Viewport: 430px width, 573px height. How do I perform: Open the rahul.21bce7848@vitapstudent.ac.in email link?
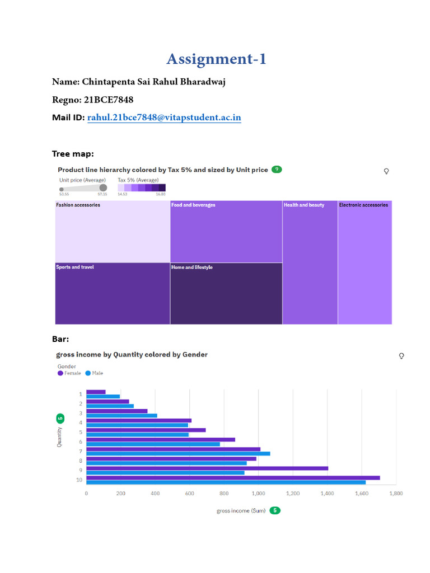164,118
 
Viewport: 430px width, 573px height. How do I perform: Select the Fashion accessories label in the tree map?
78,205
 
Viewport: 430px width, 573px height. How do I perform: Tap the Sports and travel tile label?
75,267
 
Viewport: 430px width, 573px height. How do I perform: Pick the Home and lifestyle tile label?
191,267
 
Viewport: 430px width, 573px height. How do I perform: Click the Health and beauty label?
303,205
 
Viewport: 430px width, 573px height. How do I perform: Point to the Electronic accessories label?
363,205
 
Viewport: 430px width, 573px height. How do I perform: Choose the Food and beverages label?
193,205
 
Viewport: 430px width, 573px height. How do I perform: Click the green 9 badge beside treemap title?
277,169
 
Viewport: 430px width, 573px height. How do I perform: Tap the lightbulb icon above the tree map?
386,171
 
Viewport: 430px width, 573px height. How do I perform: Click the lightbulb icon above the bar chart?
401,356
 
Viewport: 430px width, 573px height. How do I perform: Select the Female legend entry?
69,373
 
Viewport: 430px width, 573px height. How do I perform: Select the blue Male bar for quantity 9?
165,473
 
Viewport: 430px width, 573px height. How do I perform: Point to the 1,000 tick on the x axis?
258,494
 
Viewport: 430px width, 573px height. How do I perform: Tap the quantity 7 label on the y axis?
81,451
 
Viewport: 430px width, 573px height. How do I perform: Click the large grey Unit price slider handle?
103,188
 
